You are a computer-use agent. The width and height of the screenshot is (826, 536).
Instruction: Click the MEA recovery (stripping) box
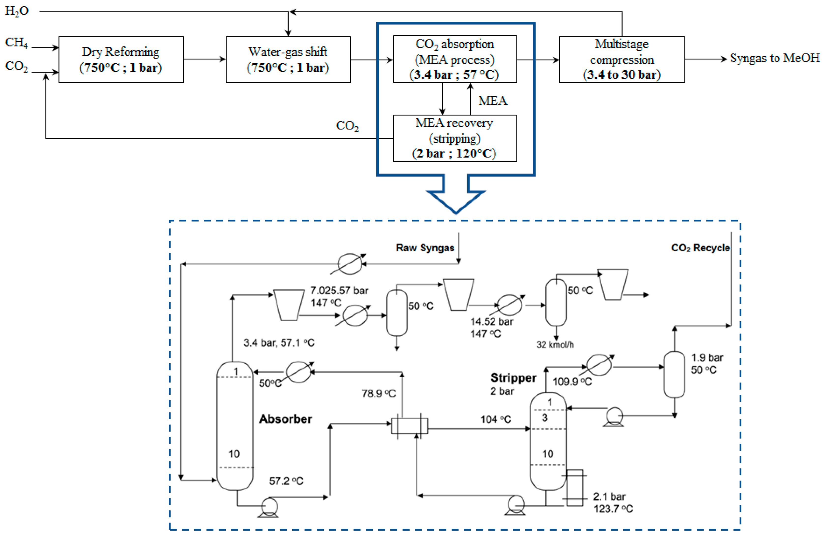(454, 138)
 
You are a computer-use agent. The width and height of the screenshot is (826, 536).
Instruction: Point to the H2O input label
(17, 11)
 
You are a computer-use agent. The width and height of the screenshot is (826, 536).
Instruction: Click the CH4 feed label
(16, 42)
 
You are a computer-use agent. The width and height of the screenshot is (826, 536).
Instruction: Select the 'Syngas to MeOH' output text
(775, 58)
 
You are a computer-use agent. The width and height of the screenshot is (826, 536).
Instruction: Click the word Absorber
(285, 419)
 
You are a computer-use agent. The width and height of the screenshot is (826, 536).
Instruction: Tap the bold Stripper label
(513, 378)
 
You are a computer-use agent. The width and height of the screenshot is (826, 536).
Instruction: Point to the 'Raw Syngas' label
(425, 248)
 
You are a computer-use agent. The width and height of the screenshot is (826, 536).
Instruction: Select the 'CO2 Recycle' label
(700, 248)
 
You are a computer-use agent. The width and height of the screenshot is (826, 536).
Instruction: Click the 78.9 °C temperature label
(378, 394)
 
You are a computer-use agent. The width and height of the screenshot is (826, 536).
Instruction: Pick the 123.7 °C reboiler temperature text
(613, 509)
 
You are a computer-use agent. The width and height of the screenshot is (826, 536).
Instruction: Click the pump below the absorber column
(269, 507)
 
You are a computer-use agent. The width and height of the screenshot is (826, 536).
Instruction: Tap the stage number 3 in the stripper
(545, 418)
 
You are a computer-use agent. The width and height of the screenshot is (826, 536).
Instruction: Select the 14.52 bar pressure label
(491, 321)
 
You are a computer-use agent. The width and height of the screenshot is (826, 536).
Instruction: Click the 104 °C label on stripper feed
(496, 420)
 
